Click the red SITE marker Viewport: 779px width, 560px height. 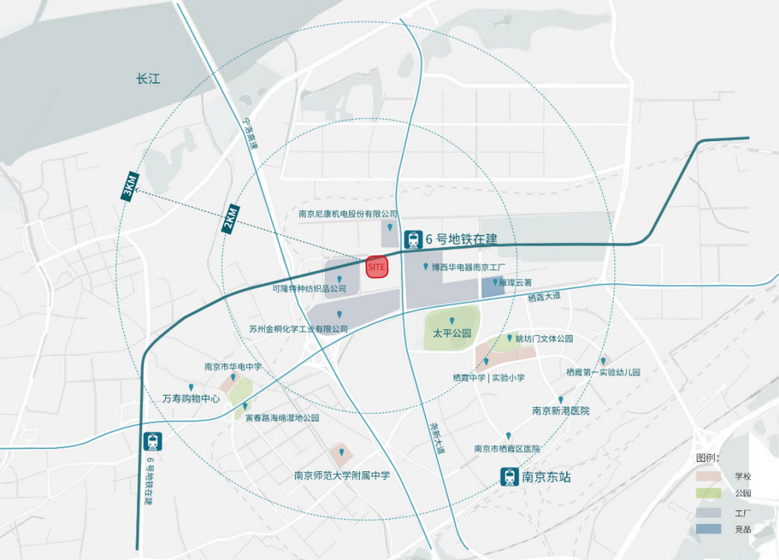click(377, 267)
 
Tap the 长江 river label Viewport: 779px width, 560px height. click(147, 79)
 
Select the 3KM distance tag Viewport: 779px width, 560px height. click(129, 188)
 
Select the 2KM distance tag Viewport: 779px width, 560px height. click(230, 219)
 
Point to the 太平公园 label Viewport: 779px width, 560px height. click(453, 333)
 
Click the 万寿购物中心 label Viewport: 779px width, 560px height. click(191, 398)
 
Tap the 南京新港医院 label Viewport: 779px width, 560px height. click(561, 410)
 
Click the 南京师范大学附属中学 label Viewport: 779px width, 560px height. click(342, 475)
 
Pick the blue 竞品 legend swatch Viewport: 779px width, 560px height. click(708, 530)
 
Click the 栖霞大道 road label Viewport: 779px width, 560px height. click(544, 298)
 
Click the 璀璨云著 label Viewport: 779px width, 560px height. click(516, 283)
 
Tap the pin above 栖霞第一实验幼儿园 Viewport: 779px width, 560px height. click(602, 361)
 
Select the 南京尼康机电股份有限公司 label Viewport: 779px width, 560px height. click(348, 213)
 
